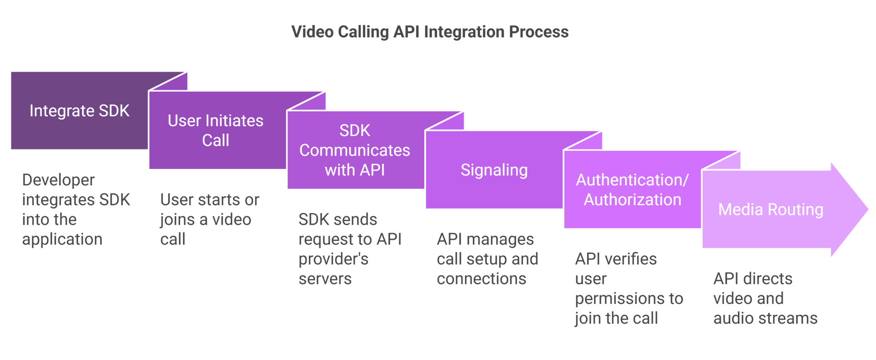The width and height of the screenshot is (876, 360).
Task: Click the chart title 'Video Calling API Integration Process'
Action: [x=430, y=32]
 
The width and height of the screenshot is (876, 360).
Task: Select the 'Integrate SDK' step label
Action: [x=79, y=111]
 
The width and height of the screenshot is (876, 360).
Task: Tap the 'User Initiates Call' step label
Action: [x=215, y=130]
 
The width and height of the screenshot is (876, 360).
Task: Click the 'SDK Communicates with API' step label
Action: [x=355, y=150]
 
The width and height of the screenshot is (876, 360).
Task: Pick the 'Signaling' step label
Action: [x=494, y=170]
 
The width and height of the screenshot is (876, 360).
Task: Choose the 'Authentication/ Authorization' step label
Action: [x=632, y=190]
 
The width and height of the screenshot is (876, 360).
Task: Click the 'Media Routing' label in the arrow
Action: [x=771, y=209]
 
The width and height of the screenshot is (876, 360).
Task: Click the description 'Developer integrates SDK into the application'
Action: [x=76, y=209]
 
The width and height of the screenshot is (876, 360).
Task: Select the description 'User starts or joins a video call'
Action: [x=209, y=219]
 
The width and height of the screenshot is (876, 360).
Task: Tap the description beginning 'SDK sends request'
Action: [x=349, y=249]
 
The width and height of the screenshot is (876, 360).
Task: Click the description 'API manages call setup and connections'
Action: [x=487, y=259]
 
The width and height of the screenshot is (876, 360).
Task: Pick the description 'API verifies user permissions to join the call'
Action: [x=629, y=288]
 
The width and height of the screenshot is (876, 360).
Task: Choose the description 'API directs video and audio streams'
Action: [x=765, y=298]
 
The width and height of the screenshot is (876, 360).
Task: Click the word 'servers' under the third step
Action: [x=325, y=279]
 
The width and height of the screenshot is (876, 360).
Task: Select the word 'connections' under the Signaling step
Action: [x=481, y=279]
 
